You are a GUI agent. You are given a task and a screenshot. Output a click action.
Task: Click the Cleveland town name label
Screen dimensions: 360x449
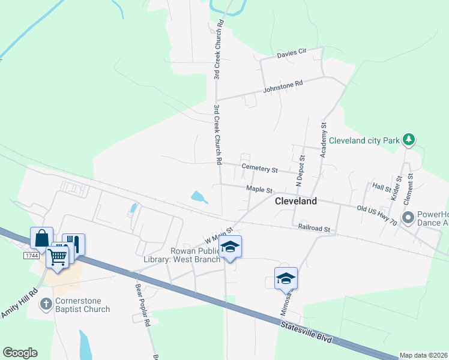[x=295, y=202]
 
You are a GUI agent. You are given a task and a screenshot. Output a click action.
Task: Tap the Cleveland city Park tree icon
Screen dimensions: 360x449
[x=409, y=140]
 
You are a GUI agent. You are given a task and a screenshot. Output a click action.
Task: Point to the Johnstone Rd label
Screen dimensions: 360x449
[x=283, y=87]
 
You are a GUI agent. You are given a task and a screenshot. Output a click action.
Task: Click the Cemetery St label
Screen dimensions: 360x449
[x=259, y=168]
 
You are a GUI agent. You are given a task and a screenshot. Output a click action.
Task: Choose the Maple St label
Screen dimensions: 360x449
[x=259, y=190]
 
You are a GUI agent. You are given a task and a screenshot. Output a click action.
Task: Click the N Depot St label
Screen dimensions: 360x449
[x=301, y=169]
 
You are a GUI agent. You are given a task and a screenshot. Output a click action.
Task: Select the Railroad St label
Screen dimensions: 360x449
[x=315, y=228]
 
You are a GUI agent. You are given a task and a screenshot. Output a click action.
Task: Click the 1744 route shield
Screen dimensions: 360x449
[x=32, y=256]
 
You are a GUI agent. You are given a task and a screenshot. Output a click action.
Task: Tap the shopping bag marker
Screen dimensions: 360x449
[x=41, y=239]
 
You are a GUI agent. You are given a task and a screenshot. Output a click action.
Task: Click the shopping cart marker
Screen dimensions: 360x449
[x=58, y=255]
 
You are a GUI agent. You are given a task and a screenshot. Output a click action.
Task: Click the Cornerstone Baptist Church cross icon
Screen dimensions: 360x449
[x=46, y=304]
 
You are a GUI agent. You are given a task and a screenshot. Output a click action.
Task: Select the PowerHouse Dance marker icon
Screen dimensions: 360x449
[x=409, y=217]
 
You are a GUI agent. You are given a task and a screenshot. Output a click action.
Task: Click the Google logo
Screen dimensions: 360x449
[x=20, y=353]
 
